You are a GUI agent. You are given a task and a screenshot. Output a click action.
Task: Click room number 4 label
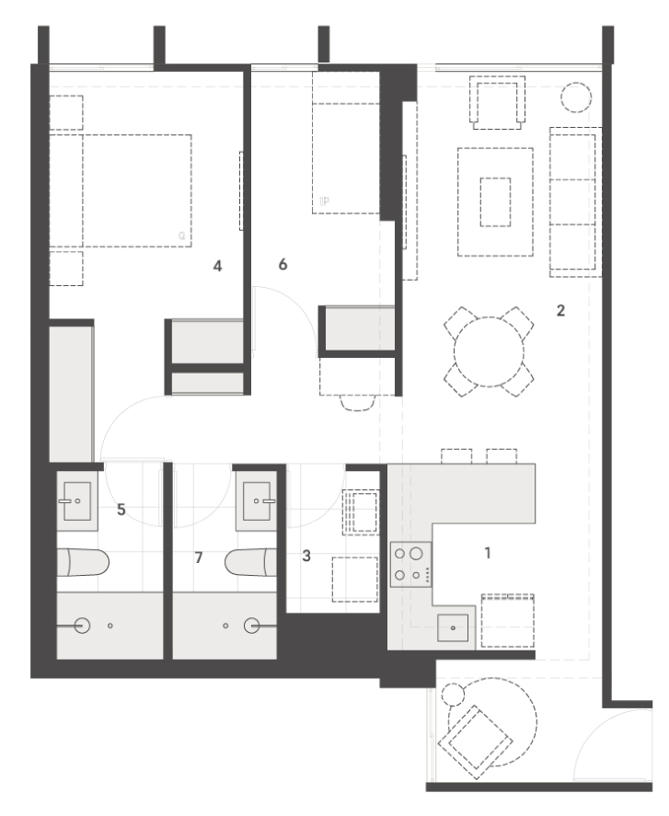217,266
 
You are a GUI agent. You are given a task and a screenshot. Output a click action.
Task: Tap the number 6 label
283,264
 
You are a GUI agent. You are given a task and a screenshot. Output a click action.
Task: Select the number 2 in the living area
560,311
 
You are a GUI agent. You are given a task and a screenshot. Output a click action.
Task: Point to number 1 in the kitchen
488,553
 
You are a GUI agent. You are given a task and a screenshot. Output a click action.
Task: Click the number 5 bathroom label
121,510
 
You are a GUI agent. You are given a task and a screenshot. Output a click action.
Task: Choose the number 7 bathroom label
199,557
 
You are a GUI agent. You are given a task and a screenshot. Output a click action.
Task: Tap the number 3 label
306,556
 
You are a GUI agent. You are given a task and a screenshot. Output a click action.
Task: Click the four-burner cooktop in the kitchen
411,565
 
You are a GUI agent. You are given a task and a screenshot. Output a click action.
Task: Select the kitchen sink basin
453,627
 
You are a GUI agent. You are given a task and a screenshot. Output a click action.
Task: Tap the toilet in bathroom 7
250,563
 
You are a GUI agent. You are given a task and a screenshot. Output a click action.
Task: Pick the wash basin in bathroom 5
77,501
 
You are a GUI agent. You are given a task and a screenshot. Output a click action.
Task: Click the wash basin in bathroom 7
257,501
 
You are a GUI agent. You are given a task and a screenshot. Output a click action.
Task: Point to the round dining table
489,351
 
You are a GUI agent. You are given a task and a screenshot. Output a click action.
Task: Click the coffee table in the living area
495,201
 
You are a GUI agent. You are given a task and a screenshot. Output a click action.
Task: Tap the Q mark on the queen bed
181,236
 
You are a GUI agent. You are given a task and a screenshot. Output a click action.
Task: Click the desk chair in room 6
358,403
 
